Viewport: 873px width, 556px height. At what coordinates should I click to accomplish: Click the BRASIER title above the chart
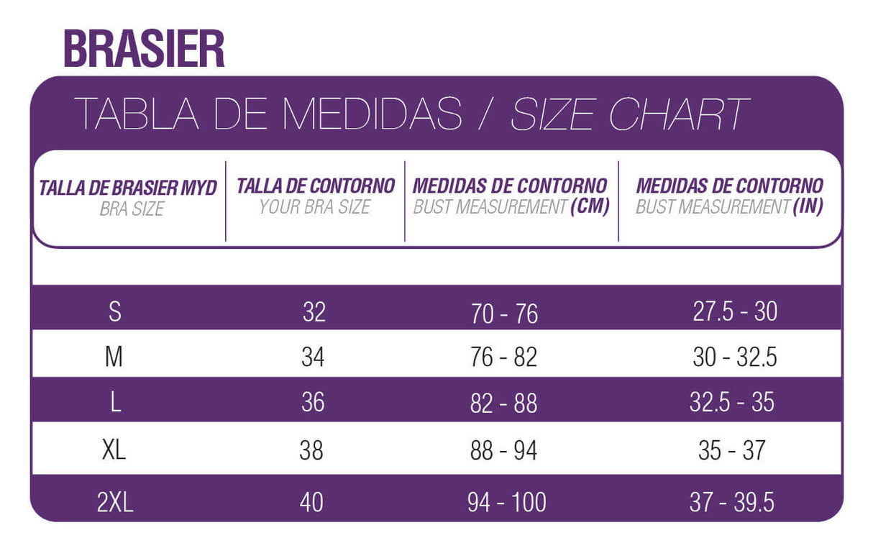pyautogui.click(x=144, y=48)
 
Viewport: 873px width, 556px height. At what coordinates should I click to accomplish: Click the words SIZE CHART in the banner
pyautogui.click(x=630, y=114)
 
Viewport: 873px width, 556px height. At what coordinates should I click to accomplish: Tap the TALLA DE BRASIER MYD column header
pyautogui.click(x=128, y=188)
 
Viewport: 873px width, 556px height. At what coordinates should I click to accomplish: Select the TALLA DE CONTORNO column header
pyautogui.click(x=316, y=186)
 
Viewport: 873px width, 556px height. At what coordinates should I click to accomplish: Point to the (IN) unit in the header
pyautogui.click(x=808, y=207)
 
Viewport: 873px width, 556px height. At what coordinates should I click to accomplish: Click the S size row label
pyautogui.click(x=114, y=311)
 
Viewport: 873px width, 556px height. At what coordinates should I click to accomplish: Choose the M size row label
pyautogui.click(x=114, y=357)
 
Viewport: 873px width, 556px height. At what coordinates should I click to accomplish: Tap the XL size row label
pyautogui.click(x=114, y=450)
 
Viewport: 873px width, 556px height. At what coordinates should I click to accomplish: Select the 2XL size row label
pyautogui.click(x=115, y=502)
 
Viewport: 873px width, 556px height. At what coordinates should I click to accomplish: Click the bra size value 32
pyautogui.click(x=314, y=311)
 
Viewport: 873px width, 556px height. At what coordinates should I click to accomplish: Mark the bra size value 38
pyautogui.click(x=311, y=450)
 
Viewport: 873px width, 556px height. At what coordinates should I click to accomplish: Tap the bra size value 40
pyautogui.click(x=311, y=502)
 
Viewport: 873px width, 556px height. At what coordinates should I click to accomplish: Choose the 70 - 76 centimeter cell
pyautogui.click(x=504, y=314)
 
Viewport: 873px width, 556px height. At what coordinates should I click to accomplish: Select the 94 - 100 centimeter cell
pyautogui.click(x=506, y=502)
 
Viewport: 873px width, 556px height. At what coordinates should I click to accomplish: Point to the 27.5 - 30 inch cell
pyautogui.click(x=735, y=311)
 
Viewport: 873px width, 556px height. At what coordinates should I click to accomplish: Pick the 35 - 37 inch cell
pyautogui.click(x=732, y=450)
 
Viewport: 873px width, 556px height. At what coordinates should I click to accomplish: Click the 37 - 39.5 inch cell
pyautogui.click(x=732, y=502)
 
